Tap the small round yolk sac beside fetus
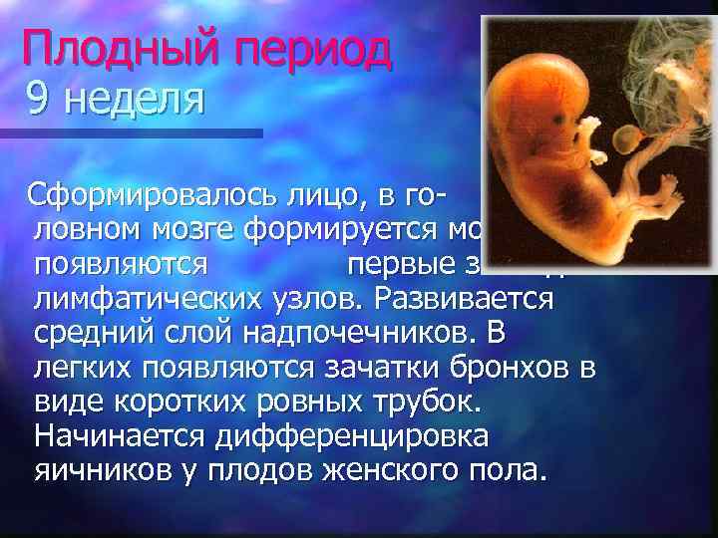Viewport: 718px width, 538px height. (627, 140)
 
